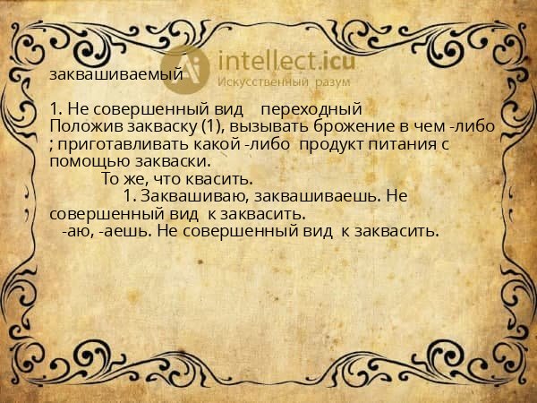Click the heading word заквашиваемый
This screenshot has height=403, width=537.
click(x=116, y=74)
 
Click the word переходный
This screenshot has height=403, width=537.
click(x=316, y=108)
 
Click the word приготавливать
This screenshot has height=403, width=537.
click(x=116, y=143)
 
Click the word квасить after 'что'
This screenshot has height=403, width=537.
click(x=217, y=178)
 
